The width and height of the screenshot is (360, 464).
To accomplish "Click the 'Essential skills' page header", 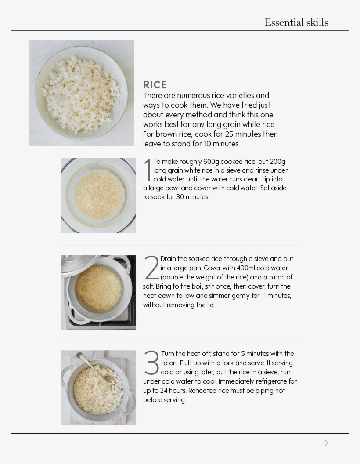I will (296, 23).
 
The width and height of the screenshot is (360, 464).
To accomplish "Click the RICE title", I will (155, 85).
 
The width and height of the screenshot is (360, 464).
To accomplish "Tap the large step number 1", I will (148, 170).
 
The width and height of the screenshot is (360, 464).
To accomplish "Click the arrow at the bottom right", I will (325, 443).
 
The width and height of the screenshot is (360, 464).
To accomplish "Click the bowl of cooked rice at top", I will (82, 93).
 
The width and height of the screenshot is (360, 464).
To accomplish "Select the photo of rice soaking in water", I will (98, 196).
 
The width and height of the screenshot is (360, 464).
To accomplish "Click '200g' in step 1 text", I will (277, 162).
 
